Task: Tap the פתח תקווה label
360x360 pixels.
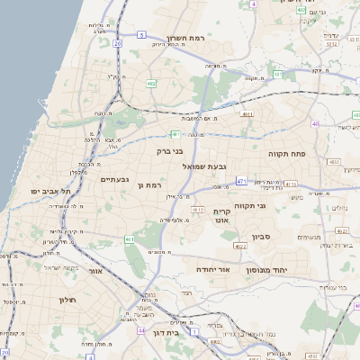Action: point(288,155)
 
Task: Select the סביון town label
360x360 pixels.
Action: point(261,237)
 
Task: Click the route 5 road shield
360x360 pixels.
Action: point(141,35)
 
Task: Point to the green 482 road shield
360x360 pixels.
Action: point(150,83)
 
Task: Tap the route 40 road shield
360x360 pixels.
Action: point(315,123)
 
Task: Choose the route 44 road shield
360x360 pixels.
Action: point(140,330)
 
